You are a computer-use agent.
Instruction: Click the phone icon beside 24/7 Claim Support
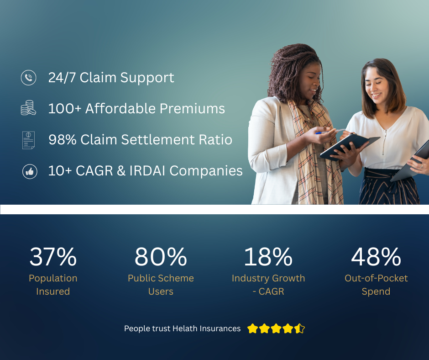[28, 78]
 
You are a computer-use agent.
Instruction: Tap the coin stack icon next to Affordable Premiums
[28, 108]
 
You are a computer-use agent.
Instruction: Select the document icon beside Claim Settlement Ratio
[28, 140]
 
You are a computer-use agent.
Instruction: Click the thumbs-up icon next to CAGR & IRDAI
[30, 171]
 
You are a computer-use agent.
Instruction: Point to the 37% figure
[53, 257]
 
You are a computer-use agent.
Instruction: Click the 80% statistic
[161, 257]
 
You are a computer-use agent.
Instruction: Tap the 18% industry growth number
[268, 257]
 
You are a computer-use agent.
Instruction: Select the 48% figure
[376, 257]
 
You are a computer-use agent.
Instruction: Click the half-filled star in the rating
[299, 328]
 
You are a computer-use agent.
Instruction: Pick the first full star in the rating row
[252, 328]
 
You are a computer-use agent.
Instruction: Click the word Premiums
[192, 108]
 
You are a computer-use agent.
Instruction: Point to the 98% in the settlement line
[63, 139]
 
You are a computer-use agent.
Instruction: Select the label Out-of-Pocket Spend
[376, 285]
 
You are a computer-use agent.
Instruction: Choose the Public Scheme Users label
[161, 285]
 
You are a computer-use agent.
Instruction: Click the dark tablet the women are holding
[349, 147]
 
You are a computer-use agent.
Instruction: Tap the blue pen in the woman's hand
[330, 132]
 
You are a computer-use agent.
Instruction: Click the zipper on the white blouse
[384, 142]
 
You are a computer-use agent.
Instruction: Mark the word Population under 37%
[53, 279]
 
